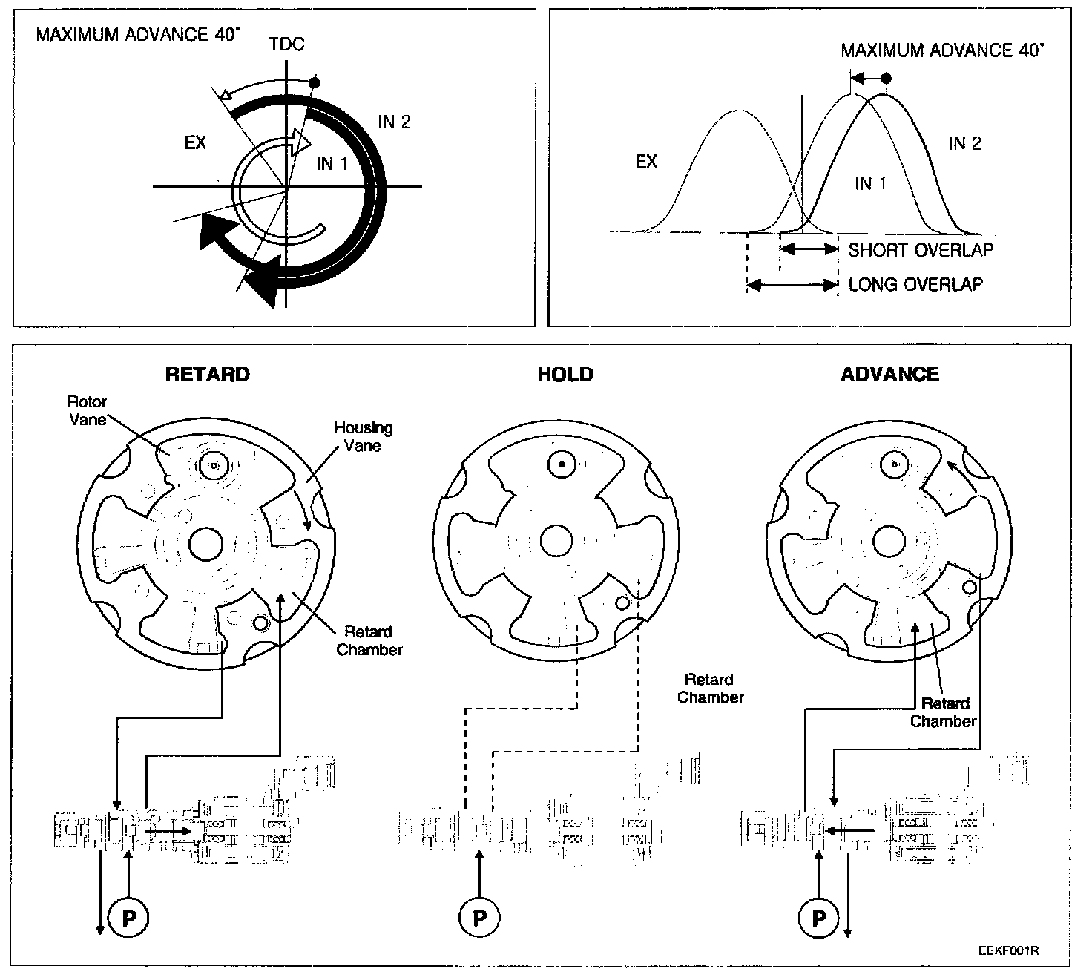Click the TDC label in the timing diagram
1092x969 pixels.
286,45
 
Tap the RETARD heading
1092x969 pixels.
207,374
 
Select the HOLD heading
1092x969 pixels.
565,374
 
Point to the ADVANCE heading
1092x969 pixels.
889,374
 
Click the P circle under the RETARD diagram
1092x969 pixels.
129,919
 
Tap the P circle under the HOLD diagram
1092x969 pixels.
480,919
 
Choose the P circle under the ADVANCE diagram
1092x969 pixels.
819,919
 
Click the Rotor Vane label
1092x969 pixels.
87,410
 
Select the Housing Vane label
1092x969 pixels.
363,436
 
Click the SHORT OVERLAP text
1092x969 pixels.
920,250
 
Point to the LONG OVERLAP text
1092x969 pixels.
915,284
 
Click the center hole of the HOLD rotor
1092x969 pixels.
556,541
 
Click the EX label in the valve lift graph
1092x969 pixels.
646,161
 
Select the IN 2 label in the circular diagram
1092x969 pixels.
394,122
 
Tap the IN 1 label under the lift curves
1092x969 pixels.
870,183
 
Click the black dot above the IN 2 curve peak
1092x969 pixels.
885,78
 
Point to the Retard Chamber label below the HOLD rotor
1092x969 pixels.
710,688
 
